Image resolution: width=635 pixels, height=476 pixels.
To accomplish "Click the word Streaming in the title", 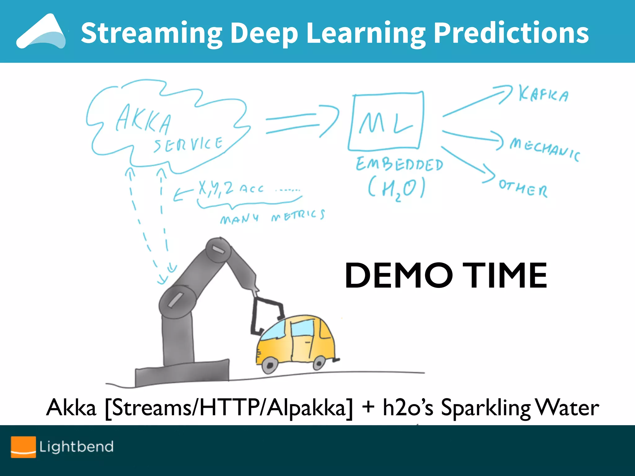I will coord(151,33).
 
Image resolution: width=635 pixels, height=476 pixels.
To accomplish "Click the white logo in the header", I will coord(41,32).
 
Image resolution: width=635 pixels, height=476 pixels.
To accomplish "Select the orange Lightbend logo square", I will coord(23,447).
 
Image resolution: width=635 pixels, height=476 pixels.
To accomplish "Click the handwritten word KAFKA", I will coord(544,94).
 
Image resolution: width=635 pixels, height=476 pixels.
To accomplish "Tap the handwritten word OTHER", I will coord(523,187).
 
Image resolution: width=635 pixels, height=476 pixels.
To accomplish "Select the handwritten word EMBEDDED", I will coord(399,164).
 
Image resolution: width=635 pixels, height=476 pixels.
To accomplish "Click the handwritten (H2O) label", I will coord(396,188).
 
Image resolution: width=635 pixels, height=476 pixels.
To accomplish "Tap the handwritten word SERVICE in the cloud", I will coord(188,144).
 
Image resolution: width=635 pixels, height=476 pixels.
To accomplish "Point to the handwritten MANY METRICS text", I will coord(272,217).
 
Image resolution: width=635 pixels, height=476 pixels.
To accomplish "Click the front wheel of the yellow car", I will coord(269,365).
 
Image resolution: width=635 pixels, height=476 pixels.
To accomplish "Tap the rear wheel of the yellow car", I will coord(319,362).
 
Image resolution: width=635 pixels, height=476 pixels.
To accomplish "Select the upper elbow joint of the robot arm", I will coord(218,249).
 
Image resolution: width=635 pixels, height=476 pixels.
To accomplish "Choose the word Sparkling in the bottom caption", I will coord(486,408).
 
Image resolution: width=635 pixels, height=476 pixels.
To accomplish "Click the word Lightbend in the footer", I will coord(76,447).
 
